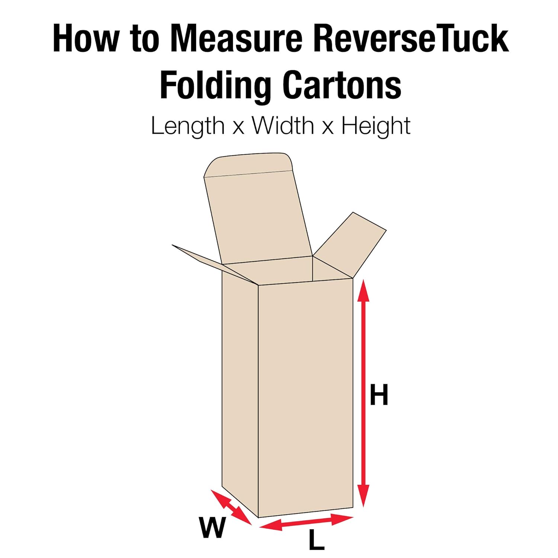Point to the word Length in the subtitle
(187, 126)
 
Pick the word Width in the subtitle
(283, 126)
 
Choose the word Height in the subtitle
(376, 126)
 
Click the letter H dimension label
(379, 395)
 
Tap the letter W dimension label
(212, 527)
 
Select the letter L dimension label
(316, 541)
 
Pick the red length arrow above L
(306, 522)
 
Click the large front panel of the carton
(305, 398)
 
